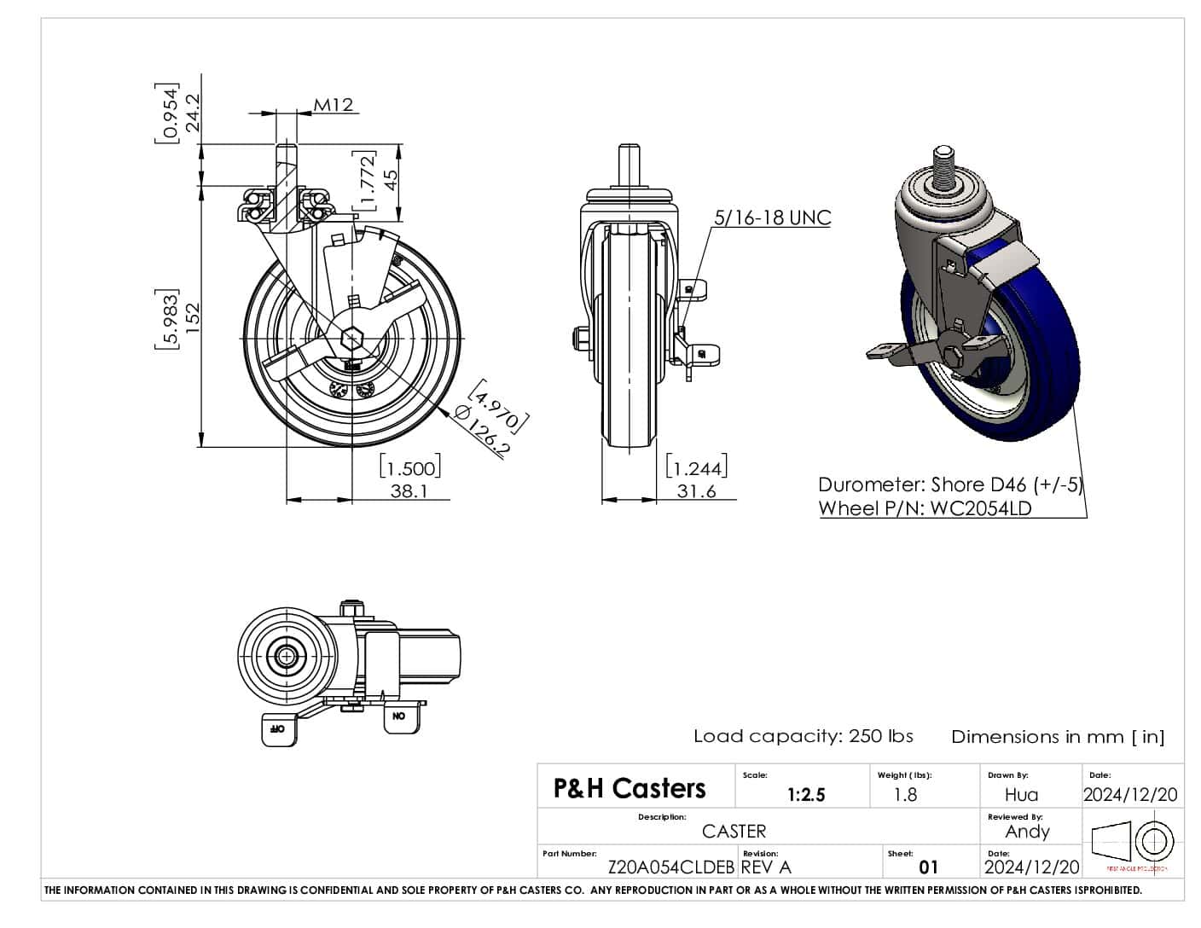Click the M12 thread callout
333,105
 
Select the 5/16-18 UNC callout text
772,217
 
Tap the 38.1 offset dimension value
409,491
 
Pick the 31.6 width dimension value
696,491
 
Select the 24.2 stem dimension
193,112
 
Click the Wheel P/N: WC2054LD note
925,508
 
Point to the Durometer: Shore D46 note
949,484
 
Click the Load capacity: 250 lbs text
803,736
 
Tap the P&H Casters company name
630,788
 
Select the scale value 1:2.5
806,795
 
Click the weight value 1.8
905,795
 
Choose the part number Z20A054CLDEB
670,867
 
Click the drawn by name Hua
1021,795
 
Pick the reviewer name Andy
1027,832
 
